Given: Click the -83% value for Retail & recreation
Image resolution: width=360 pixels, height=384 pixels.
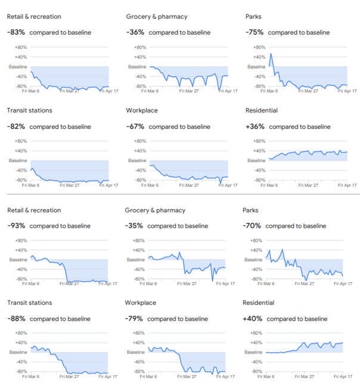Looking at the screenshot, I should pyautogui.click(x=17, y=32).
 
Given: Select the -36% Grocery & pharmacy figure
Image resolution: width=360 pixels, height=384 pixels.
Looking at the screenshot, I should pyautogui.click(x=136, y=32).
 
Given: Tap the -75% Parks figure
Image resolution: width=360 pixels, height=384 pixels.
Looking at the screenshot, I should pyautogui.click(x=255, y=32).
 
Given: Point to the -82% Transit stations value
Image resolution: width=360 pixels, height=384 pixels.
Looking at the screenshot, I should pyautogui.click(x=17, y=126).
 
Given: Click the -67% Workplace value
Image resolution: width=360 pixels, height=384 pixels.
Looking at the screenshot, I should pyautogui.click(x=136, y=126).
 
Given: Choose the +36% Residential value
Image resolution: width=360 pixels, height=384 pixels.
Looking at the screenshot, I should pyautogui.click(x=255, y=126).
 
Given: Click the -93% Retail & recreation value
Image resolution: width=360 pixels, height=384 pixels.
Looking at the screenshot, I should pyautogui.click(x=17, y=226).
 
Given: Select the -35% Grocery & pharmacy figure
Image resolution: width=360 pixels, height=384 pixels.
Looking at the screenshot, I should pyautogui.click(x=135, y=226).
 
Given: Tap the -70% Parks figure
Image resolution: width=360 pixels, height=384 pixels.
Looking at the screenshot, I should pyautogui.click(x=253, y=226).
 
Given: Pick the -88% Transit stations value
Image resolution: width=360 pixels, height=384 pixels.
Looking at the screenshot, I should pyautogui.click(x=17, y=318).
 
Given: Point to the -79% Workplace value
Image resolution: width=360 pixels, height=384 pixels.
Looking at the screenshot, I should pyautogui.click(x=135, y=318).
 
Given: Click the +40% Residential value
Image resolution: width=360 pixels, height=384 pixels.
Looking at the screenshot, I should pyautogui.click(x=253, y=318).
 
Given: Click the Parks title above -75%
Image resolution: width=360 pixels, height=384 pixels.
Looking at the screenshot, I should pyautogui.click(x=253, y=17).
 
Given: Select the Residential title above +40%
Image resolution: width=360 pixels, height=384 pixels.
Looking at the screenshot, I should pyautogui.click(x=258, y=303).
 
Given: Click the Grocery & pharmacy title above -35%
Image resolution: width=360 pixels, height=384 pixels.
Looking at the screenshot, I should pyautogui.click(x=155, y=210).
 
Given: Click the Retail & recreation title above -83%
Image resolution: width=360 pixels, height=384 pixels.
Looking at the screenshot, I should pyautogui.click(x=34, y=17).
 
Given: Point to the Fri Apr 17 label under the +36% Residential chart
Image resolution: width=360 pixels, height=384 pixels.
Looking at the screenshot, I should pyautogui.click(x=347, y=186).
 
